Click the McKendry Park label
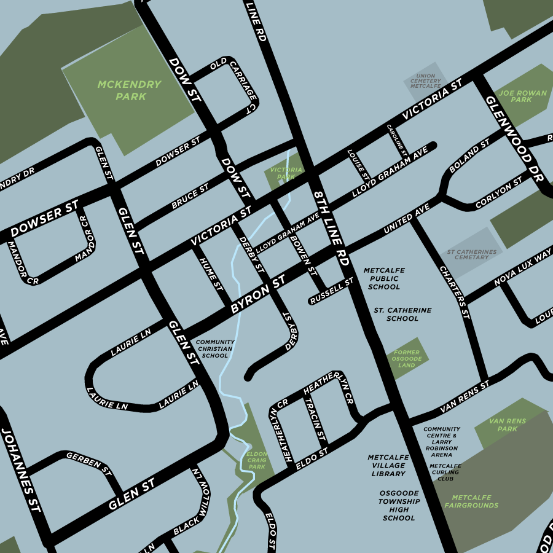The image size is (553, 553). pyautogui.click(x=130, y=90)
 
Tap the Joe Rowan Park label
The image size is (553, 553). pyautogui.click(x=514, y=96)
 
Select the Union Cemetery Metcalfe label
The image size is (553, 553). pyautogui.click(x=425, y=81)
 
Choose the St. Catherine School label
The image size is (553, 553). pyautogui.click(x=402, y=315)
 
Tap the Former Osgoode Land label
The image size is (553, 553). pyautogui.click(x=407, y=359)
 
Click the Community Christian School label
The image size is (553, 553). pyautogui.click(x=214, y=349)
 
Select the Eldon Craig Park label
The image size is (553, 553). pyautogui.click(x=256, y=460)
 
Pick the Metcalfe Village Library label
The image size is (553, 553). pyautogui.click(x=388, y=466)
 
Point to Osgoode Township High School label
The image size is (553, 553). pyautogui.click(x=399, y=506)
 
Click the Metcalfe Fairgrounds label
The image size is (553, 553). pyautogui.click(x=475, y=501)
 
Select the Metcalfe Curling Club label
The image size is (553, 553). pyautogui.click(x=445, y=472)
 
